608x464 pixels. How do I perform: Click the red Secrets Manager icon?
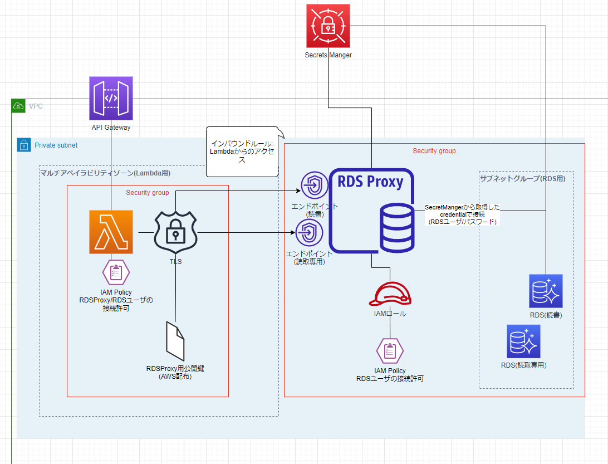[x=328, y=26]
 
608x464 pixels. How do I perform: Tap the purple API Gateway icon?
[x=111, y=99]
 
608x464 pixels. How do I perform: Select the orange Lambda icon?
[x=111, y=232]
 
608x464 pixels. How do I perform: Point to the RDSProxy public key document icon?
[x=175, y=340]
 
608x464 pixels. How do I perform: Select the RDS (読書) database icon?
[x=546, y=291]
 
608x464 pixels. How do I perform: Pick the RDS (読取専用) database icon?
[x=523, y=341]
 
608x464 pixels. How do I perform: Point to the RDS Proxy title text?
[x=370, y=182]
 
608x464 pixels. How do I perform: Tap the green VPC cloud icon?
[x=18, y=106]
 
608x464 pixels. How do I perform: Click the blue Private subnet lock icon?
[x=24, y=145]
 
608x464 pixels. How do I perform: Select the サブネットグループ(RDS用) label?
[x=522, y=178]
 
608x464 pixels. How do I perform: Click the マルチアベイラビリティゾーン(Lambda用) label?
[x=105, y=173]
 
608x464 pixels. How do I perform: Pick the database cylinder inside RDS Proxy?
[x=396, y=228]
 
